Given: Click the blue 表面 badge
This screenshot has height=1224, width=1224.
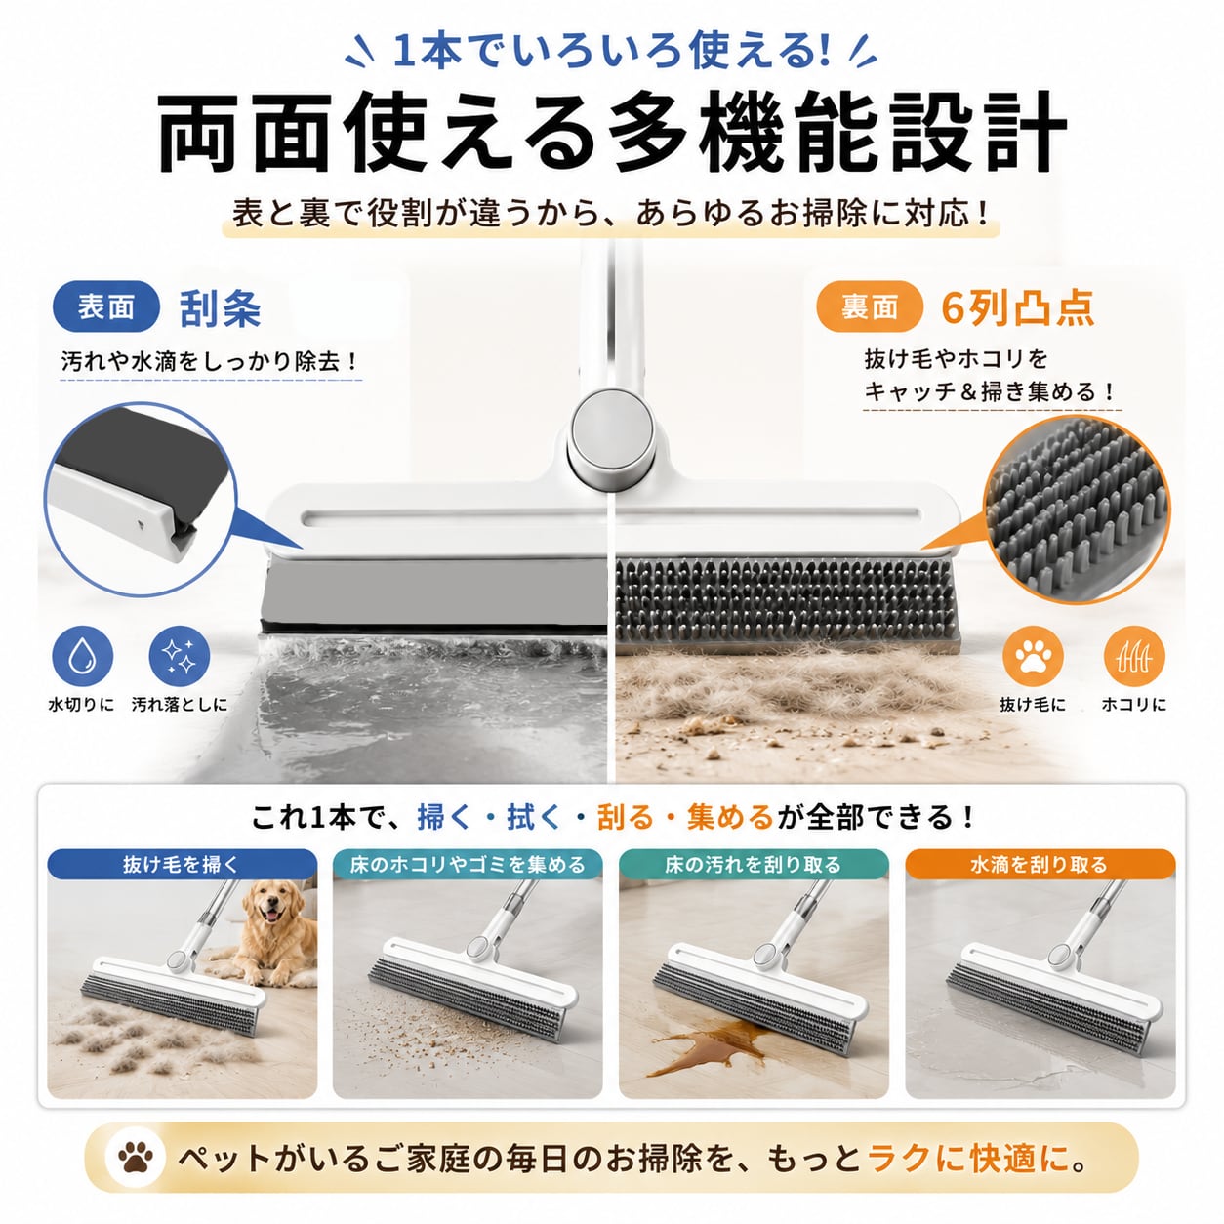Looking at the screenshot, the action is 105,306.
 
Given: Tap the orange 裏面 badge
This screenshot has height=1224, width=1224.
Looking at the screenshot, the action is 869,306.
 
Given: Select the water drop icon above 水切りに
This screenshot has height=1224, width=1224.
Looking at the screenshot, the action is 83,656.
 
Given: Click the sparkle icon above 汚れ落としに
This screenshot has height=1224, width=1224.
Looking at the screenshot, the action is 180,656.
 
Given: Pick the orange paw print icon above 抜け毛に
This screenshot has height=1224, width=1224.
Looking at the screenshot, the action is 1034,656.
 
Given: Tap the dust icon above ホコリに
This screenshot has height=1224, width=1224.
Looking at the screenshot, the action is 1134,656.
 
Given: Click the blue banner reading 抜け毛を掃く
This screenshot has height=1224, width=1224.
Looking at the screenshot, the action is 182,865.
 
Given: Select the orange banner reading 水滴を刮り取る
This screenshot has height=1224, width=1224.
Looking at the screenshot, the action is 1040,865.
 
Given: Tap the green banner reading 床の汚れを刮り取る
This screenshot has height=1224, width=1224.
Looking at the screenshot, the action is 754,865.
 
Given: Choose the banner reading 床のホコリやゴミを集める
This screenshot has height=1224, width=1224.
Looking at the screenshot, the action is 468,865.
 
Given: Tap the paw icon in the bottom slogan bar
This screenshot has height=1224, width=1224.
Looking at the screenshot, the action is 136,1158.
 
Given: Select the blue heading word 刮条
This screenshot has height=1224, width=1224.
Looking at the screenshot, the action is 221,308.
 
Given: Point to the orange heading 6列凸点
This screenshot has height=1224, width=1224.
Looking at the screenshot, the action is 1017,308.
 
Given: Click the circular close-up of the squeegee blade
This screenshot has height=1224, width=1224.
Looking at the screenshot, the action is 141,499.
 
